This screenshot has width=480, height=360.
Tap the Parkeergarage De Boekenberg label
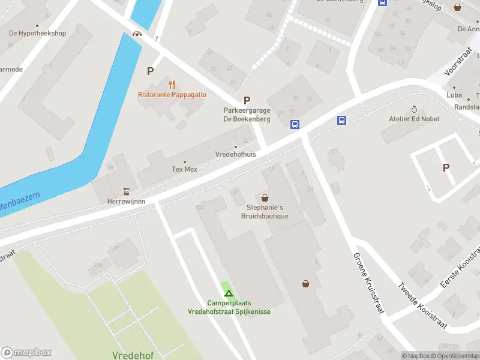(x=247, y=115)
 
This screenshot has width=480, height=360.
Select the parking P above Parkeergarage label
(x=246, y=101)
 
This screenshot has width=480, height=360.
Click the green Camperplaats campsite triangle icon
(x=228, y=293)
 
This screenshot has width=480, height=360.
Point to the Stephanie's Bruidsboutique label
(x=265, y=212)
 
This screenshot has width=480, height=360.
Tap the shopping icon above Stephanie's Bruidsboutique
(x=265, y=197)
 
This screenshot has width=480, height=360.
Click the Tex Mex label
(x=184, y=169)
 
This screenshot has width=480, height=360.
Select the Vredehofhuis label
(x=235, y=154)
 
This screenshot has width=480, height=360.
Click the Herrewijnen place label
(x=126, y=202)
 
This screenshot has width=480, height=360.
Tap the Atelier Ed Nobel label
(x=413, y=119)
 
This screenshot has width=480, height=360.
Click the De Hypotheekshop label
(x=37, y=34)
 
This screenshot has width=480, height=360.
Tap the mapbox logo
(x=26, y=353)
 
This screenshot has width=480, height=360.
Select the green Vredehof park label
(x=133, y=355)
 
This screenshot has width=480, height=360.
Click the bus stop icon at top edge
(x=382, y=2)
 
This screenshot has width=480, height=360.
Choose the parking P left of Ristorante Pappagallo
(x=150, y=71)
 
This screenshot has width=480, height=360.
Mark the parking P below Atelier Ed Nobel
(x=446, y=168)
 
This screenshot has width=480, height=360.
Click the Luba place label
(x=454, y=95)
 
